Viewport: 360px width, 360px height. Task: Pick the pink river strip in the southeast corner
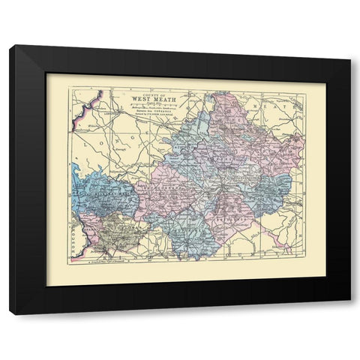(x=283, y=238)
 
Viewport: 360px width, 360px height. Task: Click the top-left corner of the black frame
(x=11, y=46)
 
